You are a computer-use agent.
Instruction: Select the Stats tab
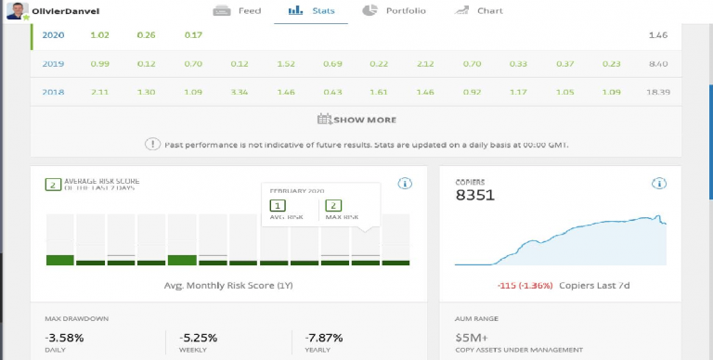(x=312, y=11)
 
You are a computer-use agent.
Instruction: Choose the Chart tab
(x=479, y=11)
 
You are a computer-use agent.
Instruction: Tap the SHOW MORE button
(x=356, y=119)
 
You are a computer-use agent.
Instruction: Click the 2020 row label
(x=54, y=35)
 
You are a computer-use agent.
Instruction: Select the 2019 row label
(x=54, y=64)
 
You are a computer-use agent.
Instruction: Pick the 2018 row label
(x=54, y=93)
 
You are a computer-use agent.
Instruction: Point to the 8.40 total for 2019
(x=658, y=64)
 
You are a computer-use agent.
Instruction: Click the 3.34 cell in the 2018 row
(x=239, y=93)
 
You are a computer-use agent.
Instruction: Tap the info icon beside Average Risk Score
(x=405, y=184)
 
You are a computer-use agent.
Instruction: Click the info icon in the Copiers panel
(x=658, y=184)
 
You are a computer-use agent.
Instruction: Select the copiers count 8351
(x=474, y=196)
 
